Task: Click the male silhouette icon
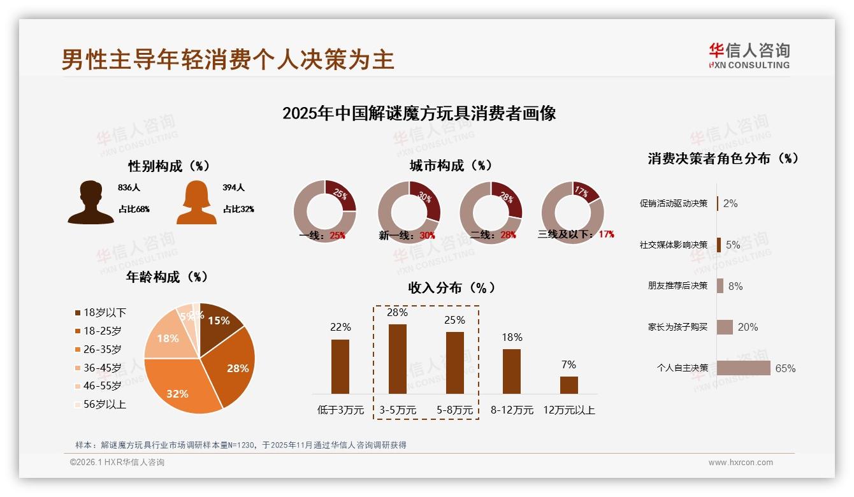tap(90, 202)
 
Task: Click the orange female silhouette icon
tap(196, 202)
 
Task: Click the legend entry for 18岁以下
tap(101, 312)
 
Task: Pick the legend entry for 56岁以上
tap(101, 404)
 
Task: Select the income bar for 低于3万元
tap(340, 366)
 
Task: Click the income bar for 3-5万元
tap(398, 359)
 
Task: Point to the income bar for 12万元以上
tap(569, 385)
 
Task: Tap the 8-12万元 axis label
tap(512, 410)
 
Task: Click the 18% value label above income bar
tap(512, 337)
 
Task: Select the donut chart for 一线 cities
tap(324, 212)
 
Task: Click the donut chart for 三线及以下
tap(572, 212)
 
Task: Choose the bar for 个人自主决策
tap(744, 368)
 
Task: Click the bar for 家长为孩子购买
tap(725, 327)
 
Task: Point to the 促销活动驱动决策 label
tap(674, 204)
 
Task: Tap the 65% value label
tap(785, 368)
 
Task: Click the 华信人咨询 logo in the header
tap(749, 56)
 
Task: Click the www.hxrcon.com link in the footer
tap(741, 463)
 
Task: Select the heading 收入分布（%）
tap(452, 287)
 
